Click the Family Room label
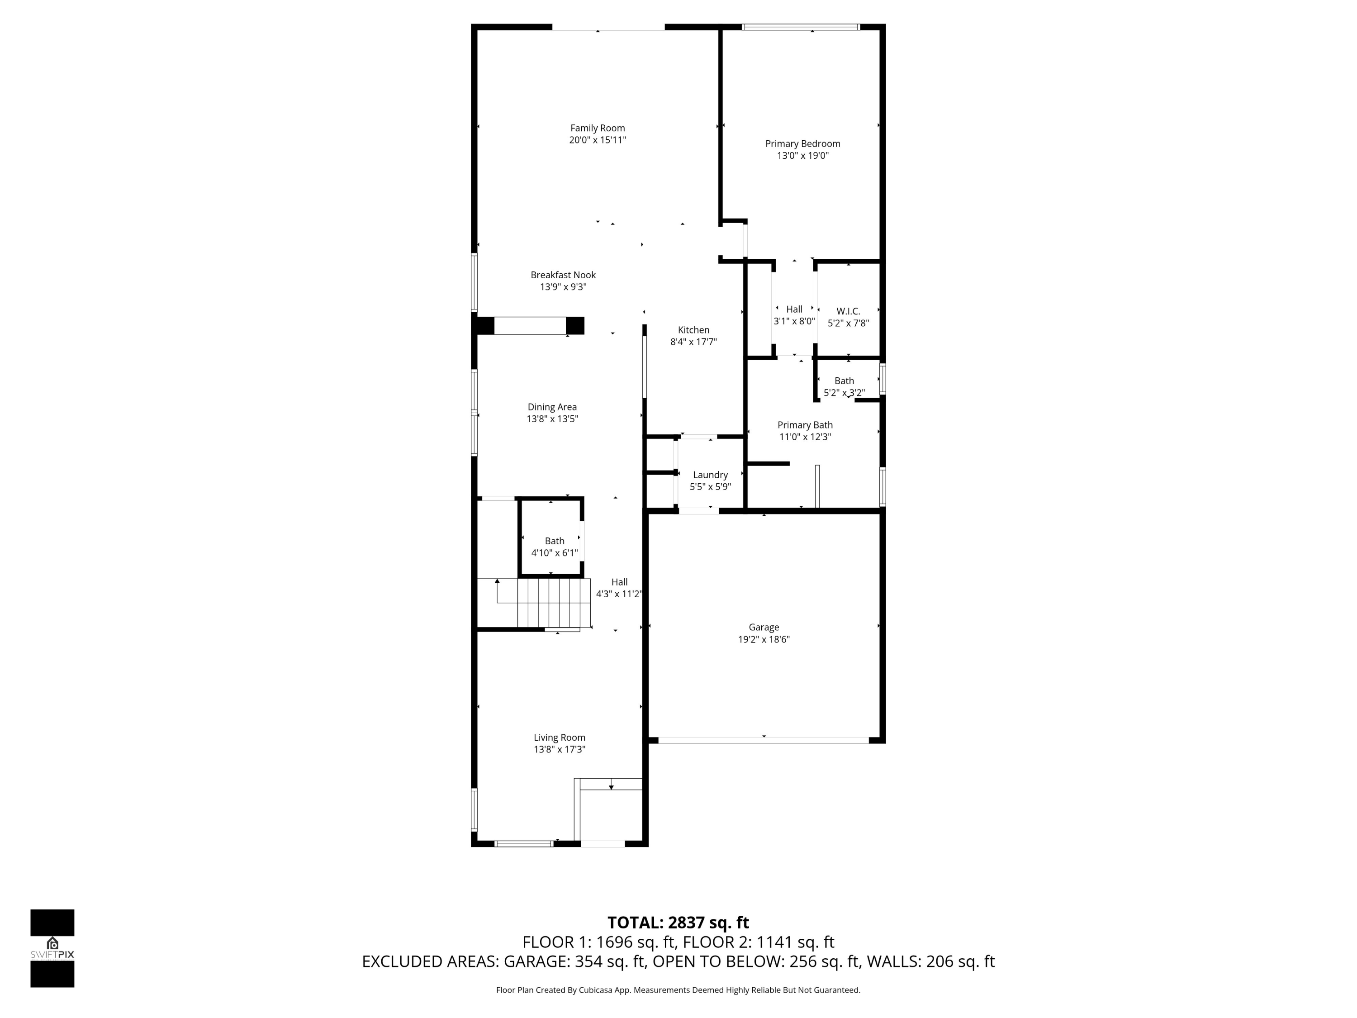597,128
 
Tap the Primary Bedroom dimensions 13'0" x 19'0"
802,156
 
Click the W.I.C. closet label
848,312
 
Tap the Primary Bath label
805,425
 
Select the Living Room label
559,737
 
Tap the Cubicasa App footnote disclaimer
678,990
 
